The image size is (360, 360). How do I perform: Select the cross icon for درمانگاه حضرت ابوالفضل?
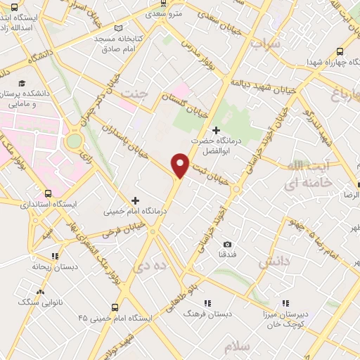215,130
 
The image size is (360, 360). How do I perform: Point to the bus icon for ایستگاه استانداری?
48,193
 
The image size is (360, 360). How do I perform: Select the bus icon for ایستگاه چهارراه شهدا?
340,51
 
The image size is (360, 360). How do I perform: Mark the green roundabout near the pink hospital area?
73,142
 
